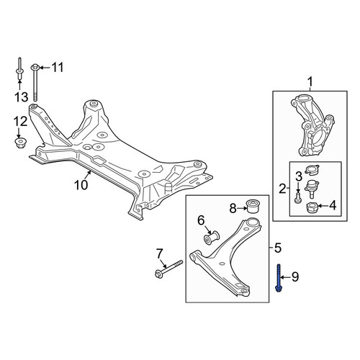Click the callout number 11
click(x=58, y=68)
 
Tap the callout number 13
click(x=21, y=97)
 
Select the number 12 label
click(x=21, y=122)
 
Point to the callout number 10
click(x=81, y=185)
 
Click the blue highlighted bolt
click(x=279, y=278)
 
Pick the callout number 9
click(x=295, y=277)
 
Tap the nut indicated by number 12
click(x=20, y=143)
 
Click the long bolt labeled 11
click(x=35, y=82)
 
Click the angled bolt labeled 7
click(x=169, y=269)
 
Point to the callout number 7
click(x=160, y=254)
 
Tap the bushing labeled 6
click(x=212, y=238)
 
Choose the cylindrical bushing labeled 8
click(x=252, y=206)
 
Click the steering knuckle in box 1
click(x=312, y=125)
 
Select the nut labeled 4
click(x=312, y=207)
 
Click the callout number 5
click(x=277, y=248)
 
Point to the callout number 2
click(x=282, y=189)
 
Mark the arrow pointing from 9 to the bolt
click(x=285, y=277)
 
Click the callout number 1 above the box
click(x=310, y=82)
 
